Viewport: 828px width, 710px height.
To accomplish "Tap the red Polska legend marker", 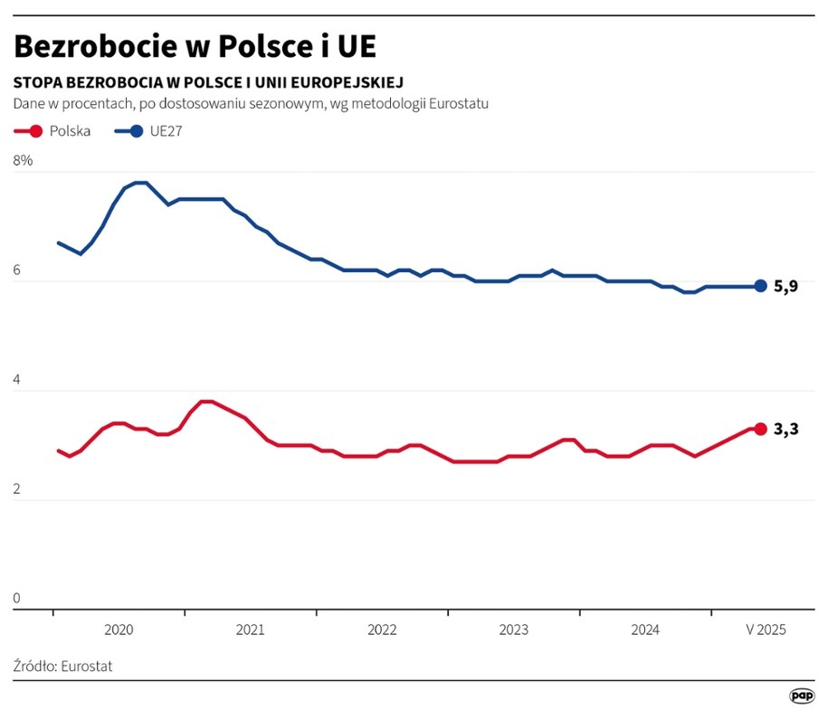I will coord(36,130).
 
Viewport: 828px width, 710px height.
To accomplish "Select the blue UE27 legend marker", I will coord(136,130).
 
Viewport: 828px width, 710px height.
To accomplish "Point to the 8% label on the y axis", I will coord(24,161).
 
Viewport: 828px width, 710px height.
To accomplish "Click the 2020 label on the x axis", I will coord(119,630).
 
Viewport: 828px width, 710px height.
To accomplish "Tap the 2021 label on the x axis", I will coord(251,630).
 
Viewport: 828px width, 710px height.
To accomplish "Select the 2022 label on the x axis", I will coord(382,630).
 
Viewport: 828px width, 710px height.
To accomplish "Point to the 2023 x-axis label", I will coord(514,630).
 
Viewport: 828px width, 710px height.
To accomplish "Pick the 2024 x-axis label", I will coord(645,630).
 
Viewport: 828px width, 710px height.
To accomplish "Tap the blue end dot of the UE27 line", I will coord(760,287).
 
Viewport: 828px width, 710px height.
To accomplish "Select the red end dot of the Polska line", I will coord(760,429).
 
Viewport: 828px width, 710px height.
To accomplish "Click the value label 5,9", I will coord(785,288).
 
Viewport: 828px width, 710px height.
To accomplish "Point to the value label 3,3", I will coord(785,430).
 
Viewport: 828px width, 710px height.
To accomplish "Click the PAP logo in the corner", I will coord(801,695).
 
